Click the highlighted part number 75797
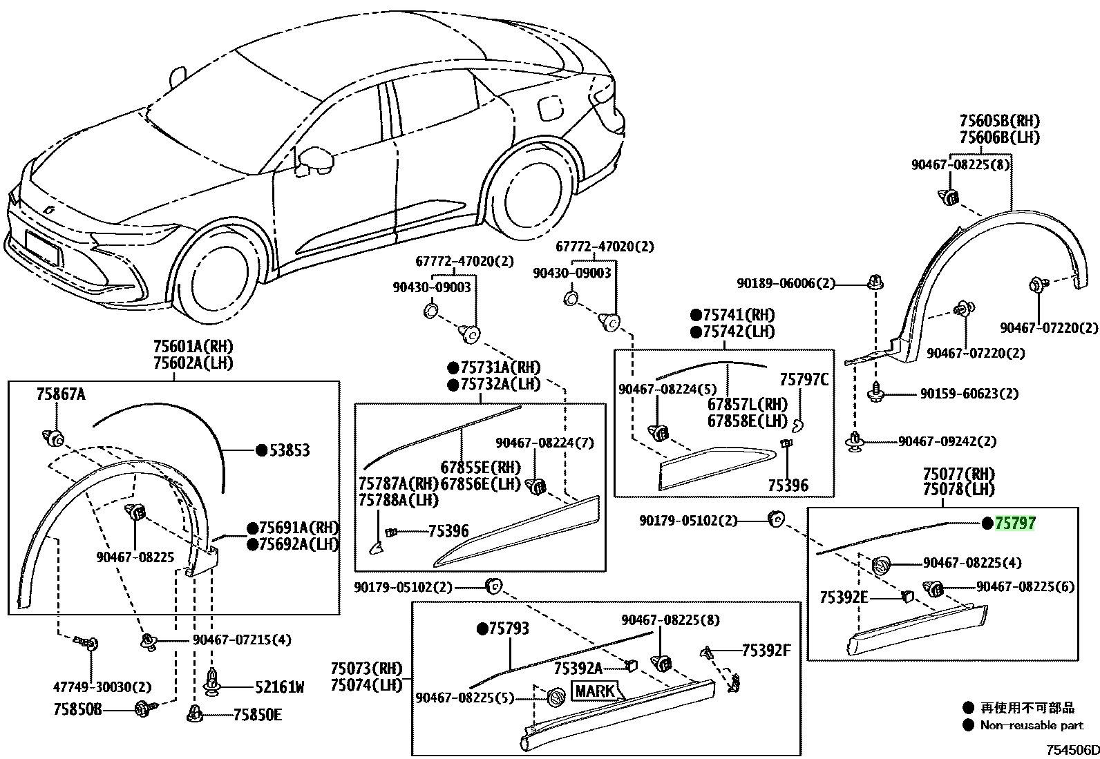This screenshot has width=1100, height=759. (1014, 523)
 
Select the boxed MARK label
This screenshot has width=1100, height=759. (595, 691)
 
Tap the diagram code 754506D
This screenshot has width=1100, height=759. (1072, 749)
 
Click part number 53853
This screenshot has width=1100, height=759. (290, 450)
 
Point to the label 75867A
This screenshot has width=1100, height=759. (61, 394)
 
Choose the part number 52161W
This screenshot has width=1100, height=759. (279, 687)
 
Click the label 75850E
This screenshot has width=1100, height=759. (257, 715)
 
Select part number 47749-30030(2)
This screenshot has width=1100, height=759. (102, 687)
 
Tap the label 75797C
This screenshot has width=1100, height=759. (804, 380)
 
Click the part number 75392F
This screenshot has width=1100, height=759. (766, 651)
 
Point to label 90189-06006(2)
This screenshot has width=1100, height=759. (786, 283)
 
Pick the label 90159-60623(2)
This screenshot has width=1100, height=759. (969, 394)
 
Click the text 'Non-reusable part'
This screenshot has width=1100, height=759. (1032, 725)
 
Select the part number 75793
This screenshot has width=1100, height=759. (509, 628)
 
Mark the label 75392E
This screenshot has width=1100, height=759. (844, 597)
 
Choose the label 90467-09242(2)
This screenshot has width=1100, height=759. (947, 441)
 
